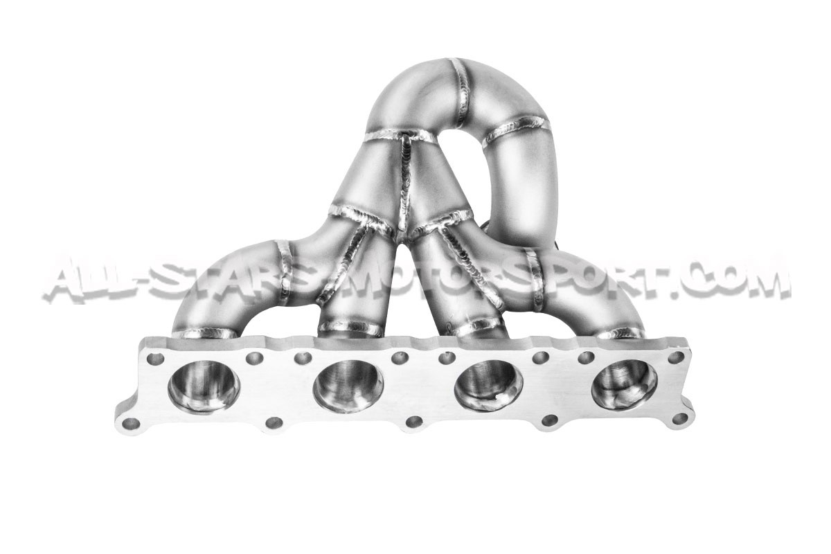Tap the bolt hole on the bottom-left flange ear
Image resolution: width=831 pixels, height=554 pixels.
pos(131,424)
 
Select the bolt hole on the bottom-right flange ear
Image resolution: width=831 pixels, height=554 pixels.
pos(680,419)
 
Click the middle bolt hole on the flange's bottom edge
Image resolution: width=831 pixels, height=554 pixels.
pos(414,421)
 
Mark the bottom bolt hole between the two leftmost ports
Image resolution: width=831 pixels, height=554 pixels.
pos(274,422)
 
